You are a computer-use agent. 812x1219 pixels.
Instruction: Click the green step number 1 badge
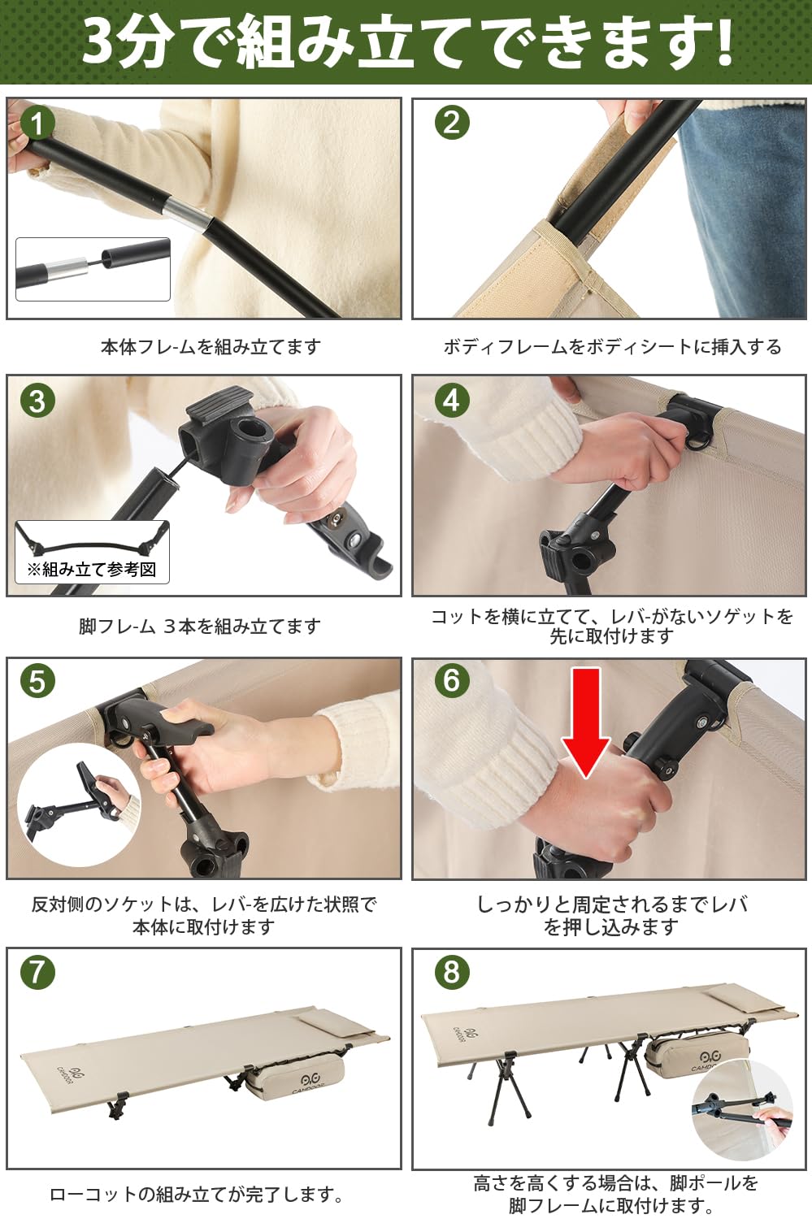(37, 124)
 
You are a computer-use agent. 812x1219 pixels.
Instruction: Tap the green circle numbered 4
(452, 400)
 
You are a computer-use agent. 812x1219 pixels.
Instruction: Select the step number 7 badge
(37, 972)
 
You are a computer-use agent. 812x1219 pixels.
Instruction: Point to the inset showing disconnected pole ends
(93, 269)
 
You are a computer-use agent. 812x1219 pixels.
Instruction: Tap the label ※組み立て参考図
(92, 570)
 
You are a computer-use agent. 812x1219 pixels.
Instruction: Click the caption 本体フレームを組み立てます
(211, 347)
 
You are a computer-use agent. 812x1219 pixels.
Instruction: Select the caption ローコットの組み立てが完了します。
(197, 1195)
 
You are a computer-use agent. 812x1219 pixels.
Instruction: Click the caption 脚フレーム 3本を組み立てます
(200, 627)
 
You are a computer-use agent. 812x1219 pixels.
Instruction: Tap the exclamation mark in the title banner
(722, 42)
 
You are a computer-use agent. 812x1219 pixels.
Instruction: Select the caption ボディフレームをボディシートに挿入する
(612, 347)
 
